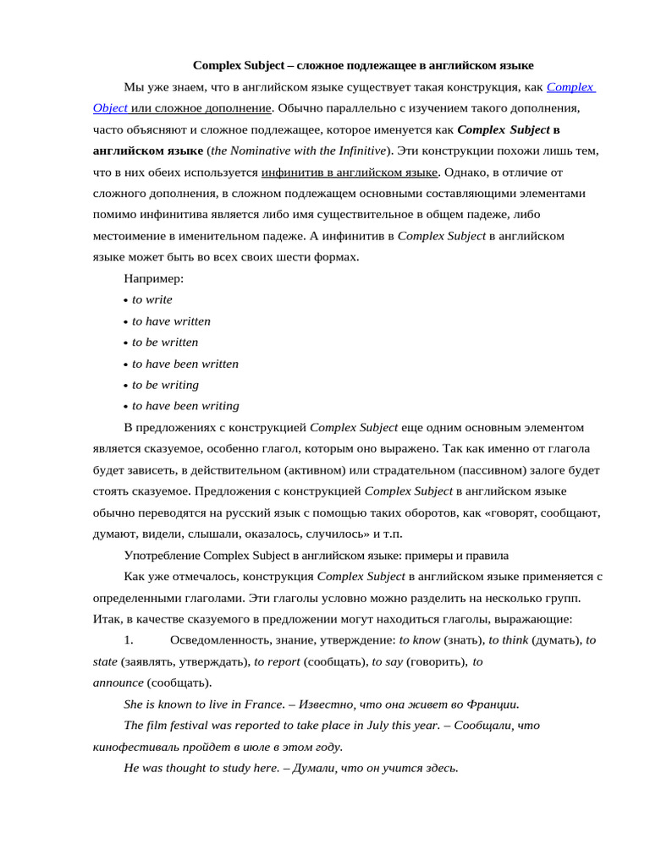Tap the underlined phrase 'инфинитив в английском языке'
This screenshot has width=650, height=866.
tap(350, 173)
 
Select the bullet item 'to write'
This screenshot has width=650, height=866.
tap(152, 299)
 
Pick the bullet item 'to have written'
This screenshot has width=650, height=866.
tap(171, 321)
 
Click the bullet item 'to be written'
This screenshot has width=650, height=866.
tap(165, 343)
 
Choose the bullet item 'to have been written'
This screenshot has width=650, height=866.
tap(185, 364)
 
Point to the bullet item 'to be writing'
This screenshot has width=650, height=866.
tap(166, 385)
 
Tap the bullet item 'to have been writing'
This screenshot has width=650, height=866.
tap(185, 406)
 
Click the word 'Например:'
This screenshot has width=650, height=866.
tap(154, 278)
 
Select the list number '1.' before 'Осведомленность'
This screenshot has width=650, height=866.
tap(129, 640)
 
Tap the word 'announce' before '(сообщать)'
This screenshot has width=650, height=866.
tap(118, 682)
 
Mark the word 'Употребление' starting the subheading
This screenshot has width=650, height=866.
tap(161, 556)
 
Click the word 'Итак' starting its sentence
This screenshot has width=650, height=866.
tap(107, 619)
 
